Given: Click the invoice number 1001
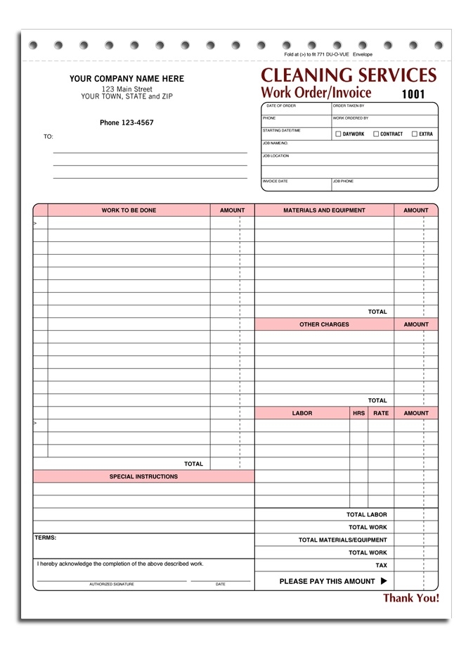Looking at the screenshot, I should (x=413, y=94).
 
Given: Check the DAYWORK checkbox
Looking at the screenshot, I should (x=338, y=134).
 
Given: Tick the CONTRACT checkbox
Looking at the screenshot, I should (x=376, y=134).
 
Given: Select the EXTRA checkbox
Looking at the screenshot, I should (x=415, y=134).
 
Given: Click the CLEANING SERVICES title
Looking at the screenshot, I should (x=349, y=75).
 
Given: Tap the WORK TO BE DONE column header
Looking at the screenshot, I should (x=129, y=210).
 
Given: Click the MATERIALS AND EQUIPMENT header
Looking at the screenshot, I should (x=324, y=210).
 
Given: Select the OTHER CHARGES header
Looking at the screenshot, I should (x=324, y=324).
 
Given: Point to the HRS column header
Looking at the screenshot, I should (x=358, y=413).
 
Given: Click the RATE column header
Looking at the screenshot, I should (x=380, y=413).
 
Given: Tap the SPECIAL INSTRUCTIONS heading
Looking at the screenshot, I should (x=143, y=476).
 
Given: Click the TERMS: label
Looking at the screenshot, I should (x=46, y=538).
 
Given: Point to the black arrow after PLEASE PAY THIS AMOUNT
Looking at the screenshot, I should (x=384, y=581).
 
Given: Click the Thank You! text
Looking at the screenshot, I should (x=410, y=598).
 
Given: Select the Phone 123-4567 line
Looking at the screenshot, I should (x=127, y=123).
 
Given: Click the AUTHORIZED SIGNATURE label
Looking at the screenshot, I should (x=111, y=584).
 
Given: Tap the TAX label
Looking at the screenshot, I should (x=381, y=566).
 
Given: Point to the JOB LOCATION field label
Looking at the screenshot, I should (x=276, y=156).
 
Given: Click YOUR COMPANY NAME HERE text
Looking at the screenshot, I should (x=127, y=79).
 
